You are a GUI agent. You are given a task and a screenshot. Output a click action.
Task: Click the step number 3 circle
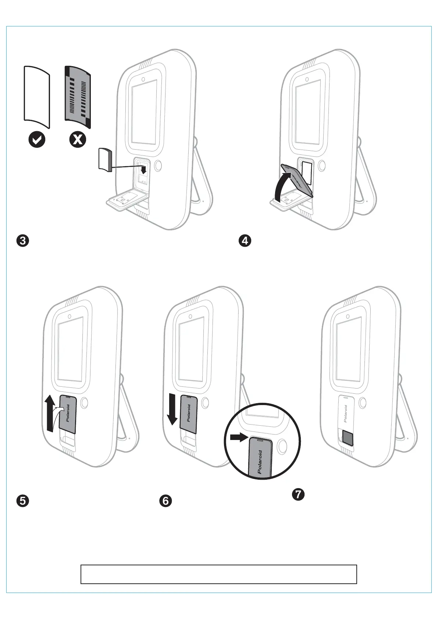23,241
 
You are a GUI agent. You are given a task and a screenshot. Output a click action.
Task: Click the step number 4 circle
245,241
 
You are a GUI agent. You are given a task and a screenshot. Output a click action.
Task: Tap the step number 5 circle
23,501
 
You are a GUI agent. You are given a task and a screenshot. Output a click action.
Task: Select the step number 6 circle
165,501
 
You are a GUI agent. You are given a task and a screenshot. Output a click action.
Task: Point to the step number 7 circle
298,494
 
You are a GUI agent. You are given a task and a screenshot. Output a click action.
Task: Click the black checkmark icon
37,140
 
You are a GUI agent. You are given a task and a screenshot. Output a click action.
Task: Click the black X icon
78,140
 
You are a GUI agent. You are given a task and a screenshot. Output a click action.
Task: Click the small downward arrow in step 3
143,169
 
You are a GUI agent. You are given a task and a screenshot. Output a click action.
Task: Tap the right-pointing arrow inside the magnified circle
238,437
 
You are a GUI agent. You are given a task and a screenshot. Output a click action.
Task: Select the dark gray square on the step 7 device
348,438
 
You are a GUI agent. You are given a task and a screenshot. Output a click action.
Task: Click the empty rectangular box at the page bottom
219,574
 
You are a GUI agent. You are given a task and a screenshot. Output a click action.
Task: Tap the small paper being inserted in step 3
106,159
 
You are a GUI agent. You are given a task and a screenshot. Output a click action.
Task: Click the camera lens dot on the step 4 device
306,79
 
